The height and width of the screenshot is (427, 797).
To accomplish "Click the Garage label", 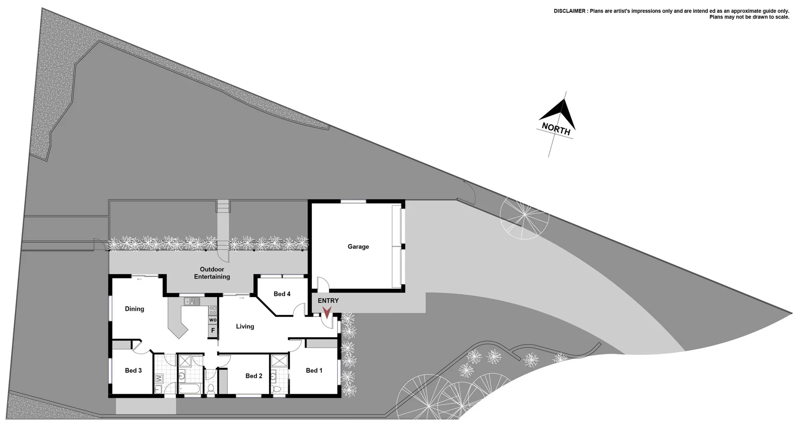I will (x=358, y=246).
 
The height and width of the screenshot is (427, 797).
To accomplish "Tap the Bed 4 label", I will (x=282, y=294).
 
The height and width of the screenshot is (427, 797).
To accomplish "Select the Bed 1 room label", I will (x=314, y=370).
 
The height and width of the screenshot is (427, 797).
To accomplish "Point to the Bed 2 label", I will (x=254, y=376).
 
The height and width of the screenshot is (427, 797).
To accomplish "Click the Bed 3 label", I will (x=133, y=370).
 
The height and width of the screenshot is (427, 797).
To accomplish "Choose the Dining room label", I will (x=134, y=309).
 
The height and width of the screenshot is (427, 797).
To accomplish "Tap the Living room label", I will (x=245, y=326).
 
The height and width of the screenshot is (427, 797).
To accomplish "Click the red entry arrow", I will (x=327, y=312).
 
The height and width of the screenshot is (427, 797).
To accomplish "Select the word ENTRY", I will (x=328, y=300).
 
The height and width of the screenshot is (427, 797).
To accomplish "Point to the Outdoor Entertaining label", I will (x=212, y=273).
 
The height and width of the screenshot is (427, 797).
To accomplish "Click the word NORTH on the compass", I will (x=556, y=129).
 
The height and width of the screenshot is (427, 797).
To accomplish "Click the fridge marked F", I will (x=213, y=330).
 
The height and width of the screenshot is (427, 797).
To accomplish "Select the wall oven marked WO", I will (x=213, y=320).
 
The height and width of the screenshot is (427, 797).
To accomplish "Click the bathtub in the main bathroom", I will (x=189, y=389).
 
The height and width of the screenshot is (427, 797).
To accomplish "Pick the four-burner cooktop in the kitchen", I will (x=213, y=310).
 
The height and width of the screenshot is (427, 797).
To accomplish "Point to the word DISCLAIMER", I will (x=570, y=11).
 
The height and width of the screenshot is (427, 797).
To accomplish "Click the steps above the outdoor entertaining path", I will (x=223, y=206).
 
